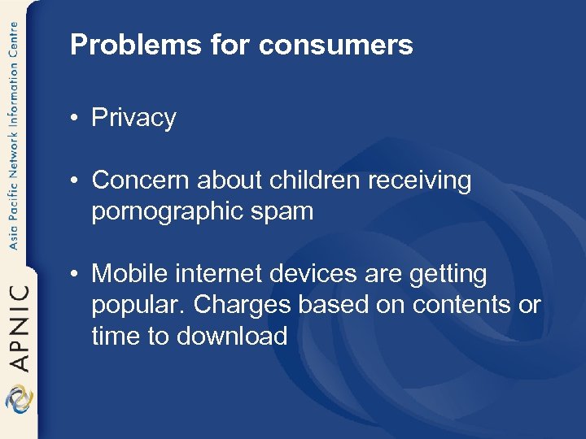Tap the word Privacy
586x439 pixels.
[133, 118]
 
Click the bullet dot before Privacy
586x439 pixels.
[74, 119]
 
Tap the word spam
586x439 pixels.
[285, 211]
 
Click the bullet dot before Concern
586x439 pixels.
[74, 180]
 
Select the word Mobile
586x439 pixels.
[128, 274]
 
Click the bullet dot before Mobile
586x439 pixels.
[74, 275]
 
